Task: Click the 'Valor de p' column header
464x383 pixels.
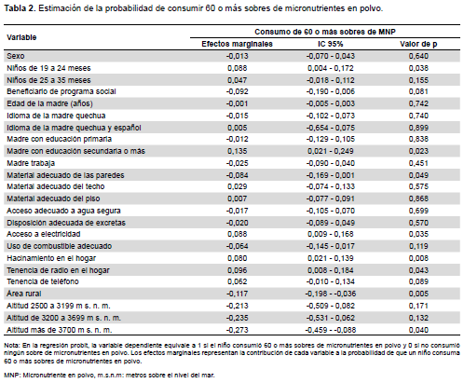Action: click(418, 44)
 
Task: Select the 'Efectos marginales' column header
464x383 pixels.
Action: click(237, 44)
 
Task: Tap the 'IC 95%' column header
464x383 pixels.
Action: click(331, 44)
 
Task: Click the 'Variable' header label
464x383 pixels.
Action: click(21, 37)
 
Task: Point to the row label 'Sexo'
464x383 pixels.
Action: click(16, 56)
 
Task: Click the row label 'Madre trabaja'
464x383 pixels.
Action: click(31, 163)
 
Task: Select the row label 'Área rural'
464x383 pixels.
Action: click(24, 294)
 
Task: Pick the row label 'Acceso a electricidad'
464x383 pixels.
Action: click(44, 234)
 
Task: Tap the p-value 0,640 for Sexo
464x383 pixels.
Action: click(418, 56)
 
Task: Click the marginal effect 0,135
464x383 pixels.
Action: click(238, 151)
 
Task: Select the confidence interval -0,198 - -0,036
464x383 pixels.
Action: click(331, 294)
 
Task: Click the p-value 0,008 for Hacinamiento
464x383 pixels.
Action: click(418, 258)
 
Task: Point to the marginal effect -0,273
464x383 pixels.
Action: click(237, 330)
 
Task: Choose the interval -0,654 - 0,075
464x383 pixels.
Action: click(331, 128)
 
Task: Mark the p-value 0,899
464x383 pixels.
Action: click(418, 128)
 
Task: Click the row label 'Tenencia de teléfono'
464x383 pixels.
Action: click(43, 281)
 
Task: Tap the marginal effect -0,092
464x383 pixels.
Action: click(237, 91)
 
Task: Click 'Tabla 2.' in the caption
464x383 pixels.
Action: click(20, 8)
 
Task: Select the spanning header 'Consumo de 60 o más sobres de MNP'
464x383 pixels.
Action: click(325, 32)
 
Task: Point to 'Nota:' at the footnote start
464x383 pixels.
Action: click(12, 346)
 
